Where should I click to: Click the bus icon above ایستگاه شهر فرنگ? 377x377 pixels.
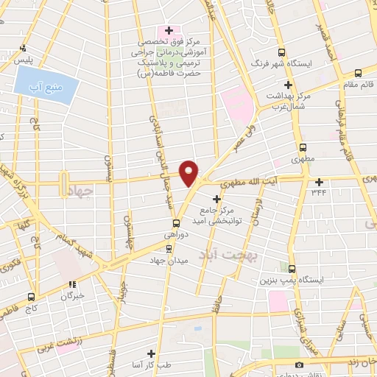tap(281, 52)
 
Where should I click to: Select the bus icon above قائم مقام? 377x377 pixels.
tap(358, 72)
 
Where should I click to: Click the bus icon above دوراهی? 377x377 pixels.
tap(176, 223)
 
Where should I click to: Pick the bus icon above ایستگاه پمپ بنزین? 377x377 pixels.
tap(292, 268)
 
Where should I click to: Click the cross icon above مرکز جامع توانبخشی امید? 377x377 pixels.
tap(216, 199)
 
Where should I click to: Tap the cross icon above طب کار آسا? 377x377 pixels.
tap(151, 353)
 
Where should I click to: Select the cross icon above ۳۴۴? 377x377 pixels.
tap(319, 182)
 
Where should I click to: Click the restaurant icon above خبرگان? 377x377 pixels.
tap(71, 283)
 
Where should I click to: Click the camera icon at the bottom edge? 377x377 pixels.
tap(299, 365)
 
